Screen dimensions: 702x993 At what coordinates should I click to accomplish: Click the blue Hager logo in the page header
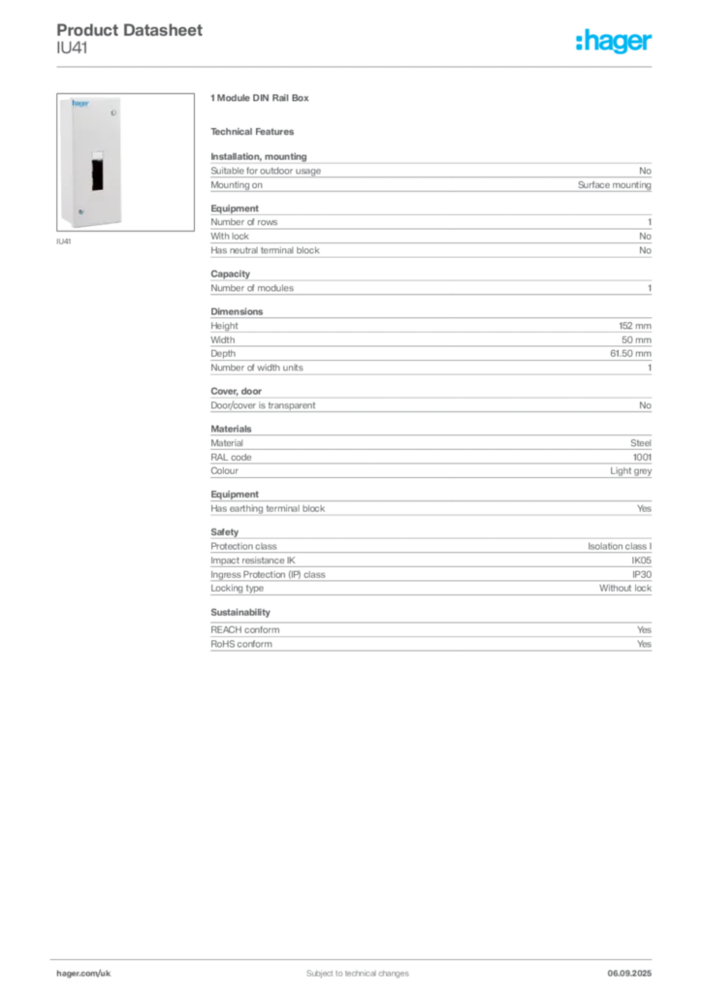(616, 43)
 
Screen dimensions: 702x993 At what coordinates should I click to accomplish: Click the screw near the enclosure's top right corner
(113, 113)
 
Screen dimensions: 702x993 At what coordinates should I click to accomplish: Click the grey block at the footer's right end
(631, 967)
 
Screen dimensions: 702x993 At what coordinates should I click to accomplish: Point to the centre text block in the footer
(345, 967)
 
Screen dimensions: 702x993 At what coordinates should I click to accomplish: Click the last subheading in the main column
(239, 613)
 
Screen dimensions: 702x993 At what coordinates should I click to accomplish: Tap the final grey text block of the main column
(430, 640)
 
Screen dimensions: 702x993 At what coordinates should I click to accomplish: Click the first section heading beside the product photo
(260, 99)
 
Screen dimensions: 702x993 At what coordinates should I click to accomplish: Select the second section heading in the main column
(256, 132)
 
